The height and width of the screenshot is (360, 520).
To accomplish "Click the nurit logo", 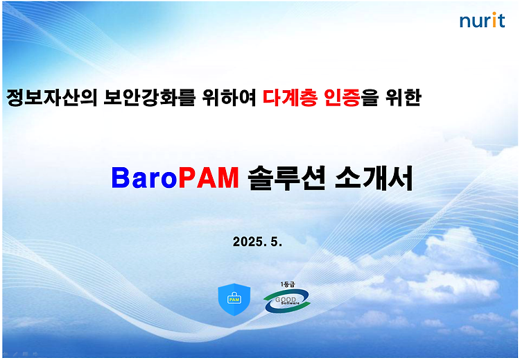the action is [x=482, y=20].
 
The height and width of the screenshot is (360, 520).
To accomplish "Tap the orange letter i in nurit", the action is [x=494, y=20].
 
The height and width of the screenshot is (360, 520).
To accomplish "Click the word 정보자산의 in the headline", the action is [x=52, y=98].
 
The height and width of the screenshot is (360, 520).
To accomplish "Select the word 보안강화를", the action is [x=149, y=98].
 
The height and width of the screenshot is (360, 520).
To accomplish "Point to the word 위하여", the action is [x=229, y=98].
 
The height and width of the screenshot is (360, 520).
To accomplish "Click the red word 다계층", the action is [x=290, y=98].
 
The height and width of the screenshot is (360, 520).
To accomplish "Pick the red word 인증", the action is [x=342, y=98].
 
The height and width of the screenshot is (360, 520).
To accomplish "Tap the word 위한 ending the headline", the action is [x=404, y=98].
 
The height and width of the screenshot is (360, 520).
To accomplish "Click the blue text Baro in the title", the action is [x=144, y=178].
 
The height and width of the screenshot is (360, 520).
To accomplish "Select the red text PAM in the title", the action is [x=209, y=178].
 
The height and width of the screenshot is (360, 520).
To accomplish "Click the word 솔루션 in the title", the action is [x=286, y=178].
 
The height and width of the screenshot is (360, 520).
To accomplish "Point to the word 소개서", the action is [x=374, y=178].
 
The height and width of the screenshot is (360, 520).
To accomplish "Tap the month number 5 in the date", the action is [x=276, y=242].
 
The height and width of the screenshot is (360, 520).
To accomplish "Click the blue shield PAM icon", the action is [x=234, y=300].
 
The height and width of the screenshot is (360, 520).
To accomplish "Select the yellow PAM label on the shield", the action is [x=234, y=300].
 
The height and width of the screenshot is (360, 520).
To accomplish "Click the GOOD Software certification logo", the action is [x=287, y=300].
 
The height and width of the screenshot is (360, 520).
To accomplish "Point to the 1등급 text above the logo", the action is [x=288, y=284].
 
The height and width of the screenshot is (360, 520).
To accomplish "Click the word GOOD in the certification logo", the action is [x=286, y=300].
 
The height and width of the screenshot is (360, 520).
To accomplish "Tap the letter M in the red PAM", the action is [x=228, y=178].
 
